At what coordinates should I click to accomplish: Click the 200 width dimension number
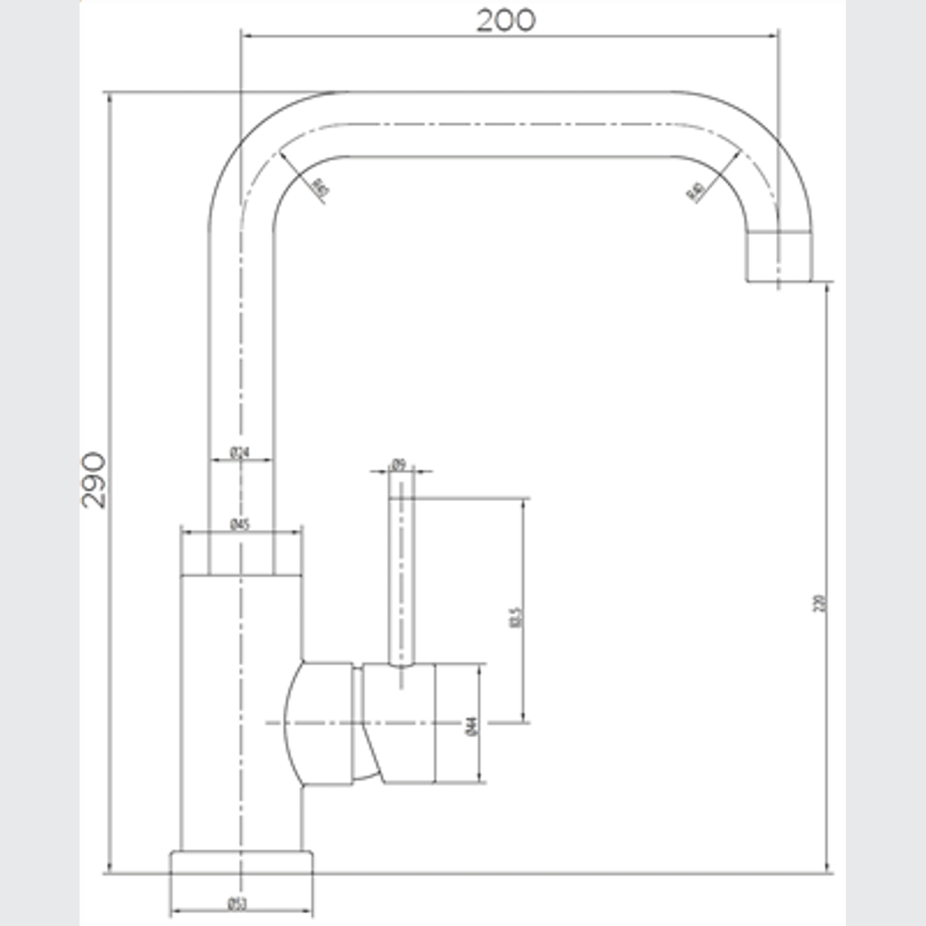(506, 20)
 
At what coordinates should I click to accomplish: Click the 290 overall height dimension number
(93, 480)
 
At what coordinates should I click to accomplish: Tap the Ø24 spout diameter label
(240, 453)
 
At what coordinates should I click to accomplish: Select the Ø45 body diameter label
(240, 524)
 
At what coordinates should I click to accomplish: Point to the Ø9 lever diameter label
(398, 464)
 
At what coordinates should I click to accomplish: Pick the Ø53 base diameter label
(238, 904)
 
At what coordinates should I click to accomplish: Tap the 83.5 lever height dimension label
(515, 617)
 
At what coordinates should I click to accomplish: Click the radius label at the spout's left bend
(319, 188)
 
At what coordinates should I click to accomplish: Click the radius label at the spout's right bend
(695, 192)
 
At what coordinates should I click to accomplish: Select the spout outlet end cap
(779, 256)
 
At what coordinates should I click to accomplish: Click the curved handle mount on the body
(320, 723)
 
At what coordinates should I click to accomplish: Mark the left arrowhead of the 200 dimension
(246, 36)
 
